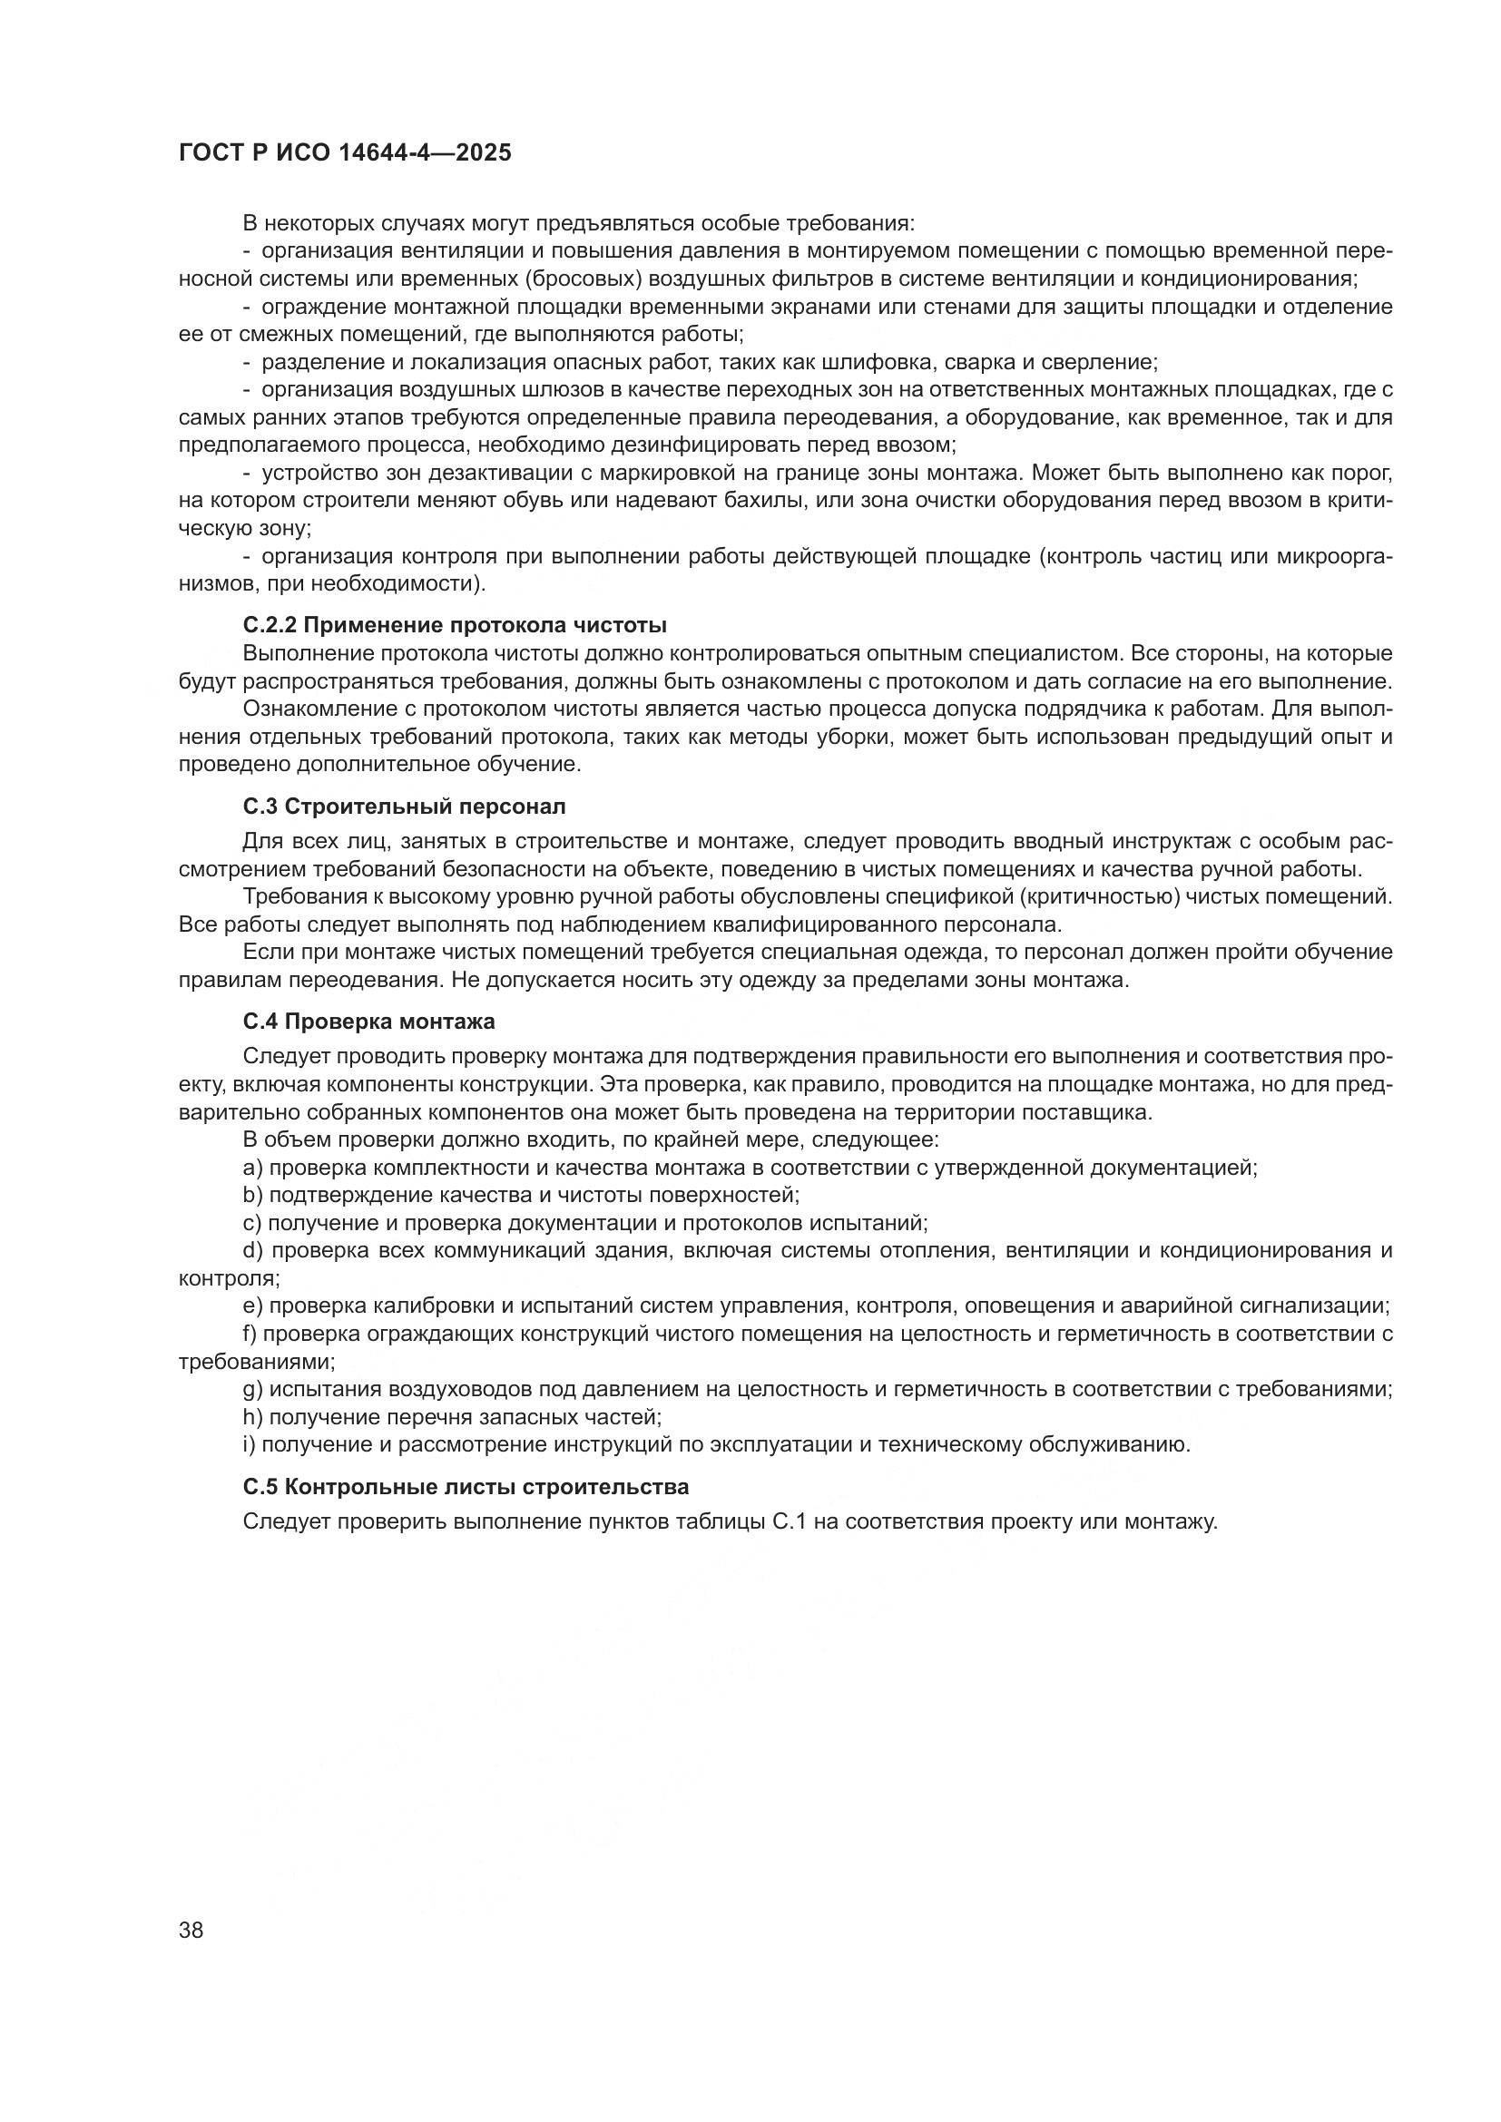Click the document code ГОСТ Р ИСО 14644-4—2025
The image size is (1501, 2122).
(345, 153)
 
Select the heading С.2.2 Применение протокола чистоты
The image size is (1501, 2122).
(455, 626)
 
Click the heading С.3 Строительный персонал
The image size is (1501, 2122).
(404, 806)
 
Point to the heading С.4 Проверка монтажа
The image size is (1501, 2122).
(368, 1022)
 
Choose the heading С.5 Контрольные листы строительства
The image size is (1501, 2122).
(466, 1487)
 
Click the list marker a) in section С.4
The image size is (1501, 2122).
(253, 1168)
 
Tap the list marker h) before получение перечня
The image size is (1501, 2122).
(252, 1417)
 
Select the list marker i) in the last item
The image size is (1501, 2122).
(250, 1444)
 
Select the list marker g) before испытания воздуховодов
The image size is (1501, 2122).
(252, 1389)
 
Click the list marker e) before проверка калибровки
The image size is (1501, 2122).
(253, 1305)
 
